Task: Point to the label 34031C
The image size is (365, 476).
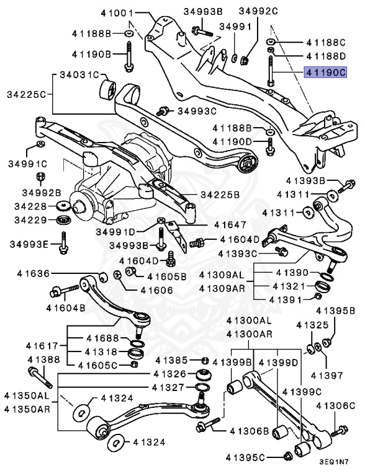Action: [x=79, y=75]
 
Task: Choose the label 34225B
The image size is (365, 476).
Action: [x=220, y=195]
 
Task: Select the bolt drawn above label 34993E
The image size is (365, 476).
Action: [x=64, y=242]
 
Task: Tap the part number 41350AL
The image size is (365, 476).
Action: [x=25, y=395]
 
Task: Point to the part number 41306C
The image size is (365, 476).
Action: [x=335, y=406]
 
